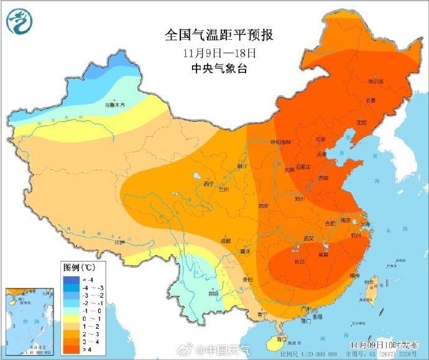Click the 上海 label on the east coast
click(364, 224)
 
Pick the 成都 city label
click(224, 241)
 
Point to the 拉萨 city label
click(118, 242)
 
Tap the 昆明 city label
click(213, 292)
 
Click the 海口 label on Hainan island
click(282, 339)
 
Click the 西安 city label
click(264, 205)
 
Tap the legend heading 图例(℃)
click(78, 268)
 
